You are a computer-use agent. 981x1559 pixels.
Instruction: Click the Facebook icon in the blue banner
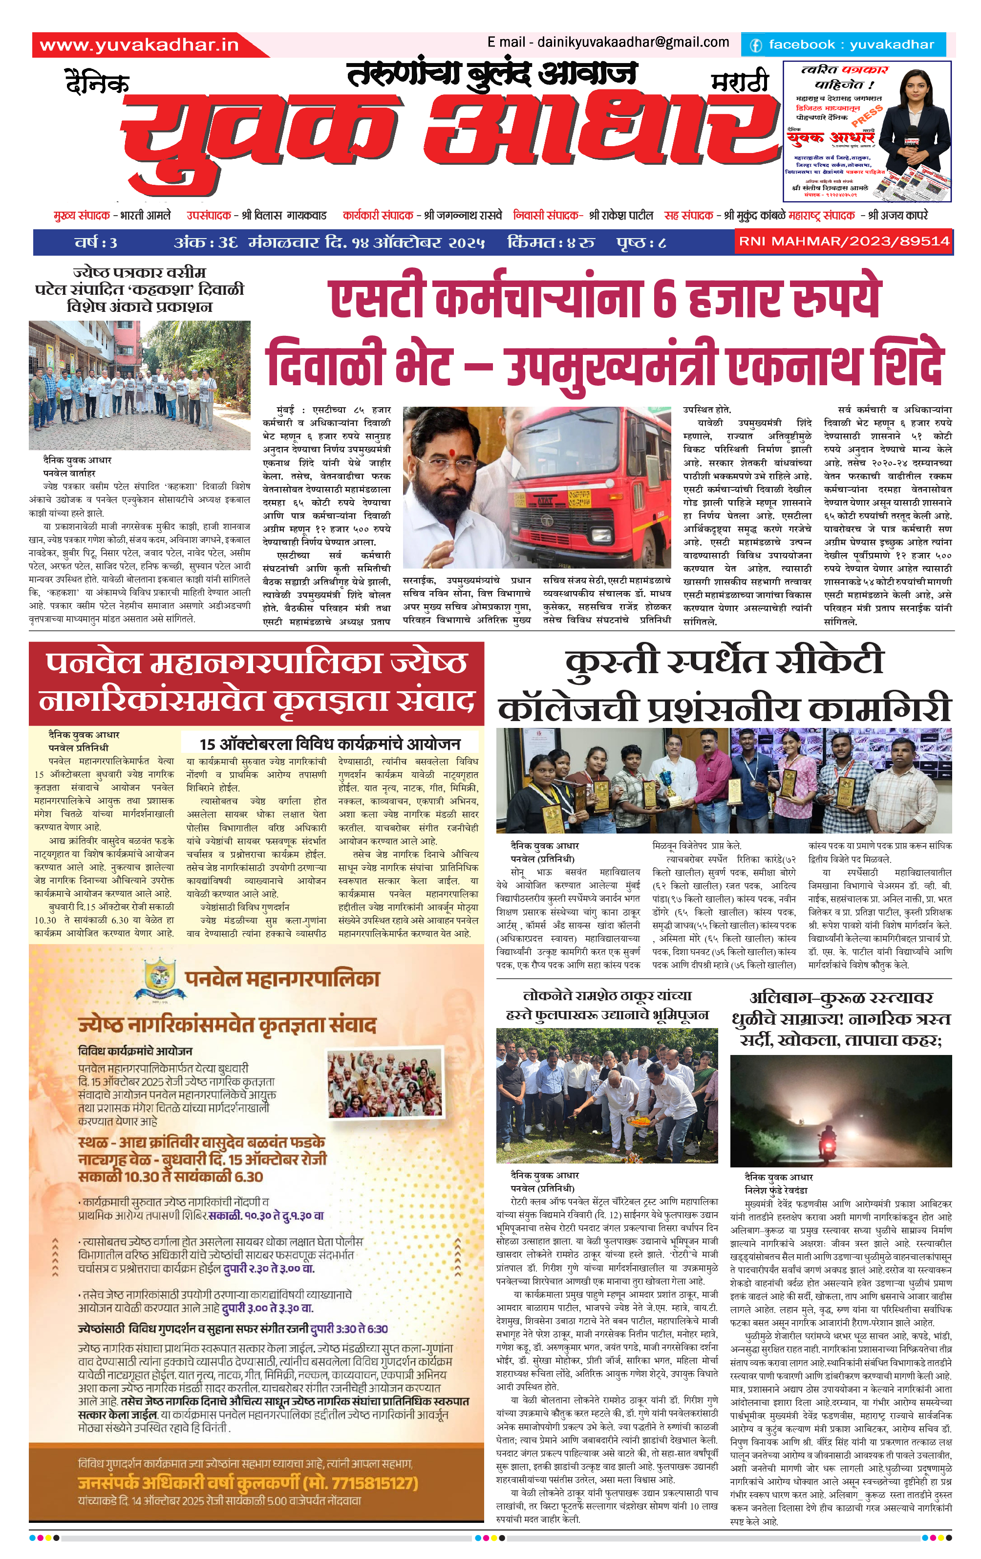tap(755, 45)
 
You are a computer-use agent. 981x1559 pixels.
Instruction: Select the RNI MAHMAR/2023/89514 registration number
tap(844, 242)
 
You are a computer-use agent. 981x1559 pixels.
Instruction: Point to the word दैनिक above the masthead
tap(97, 84)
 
